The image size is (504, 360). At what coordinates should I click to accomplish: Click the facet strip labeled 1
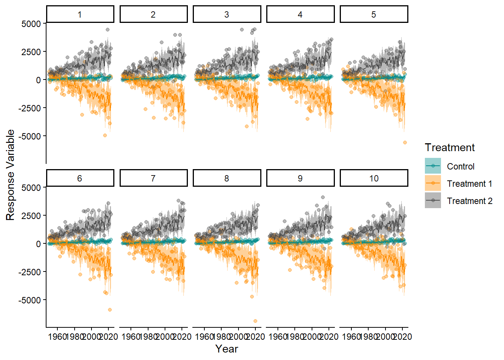tap(80, 14)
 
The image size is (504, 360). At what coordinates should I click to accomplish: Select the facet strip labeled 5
tap(373, 14)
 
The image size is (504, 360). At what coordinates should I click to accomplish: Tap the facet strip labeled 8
tap(226, 178)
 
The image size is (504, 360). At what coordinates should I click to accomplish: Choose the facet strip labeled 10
tap(373, 178)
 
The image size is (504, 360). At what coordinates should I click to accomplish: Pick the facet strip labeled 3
tap(226, 14)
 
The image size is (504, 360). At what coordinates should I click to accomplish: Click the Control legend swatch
tap(433, 166)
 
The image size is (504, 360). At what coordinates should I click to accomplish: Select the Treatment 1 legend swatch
tap(433, 183)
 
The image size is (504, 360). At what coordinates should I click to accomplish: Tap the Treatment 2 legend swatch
tap(433, 201)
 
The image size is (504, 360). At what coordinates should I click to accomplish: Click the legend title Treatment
tap(450, 147)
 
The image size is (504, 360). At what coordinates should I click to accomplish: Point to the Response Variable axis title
tap(10, 175)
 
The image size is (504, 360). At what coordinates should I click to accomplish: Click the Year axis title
tap(226, 349)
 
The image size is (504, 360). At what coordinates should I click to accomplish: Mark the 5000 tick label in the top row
tap(31, 24)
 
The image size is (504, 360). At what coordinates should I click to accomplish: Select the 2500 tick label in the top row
tap(31, 52)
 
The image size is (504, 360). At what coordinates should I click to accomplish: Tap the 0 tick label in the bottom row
tap(38, 244)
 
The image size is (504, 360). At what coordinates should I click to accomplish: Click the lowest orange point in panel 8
tap(255, 321)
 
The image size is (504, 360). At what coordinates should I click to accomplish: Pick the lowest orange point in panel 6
tap(110, 310)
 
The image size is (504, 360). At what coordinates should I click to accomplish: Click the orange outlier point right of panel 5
tap(405, 142)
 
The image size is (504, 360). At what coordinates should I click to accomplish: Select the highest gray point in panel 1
tap(108, 30)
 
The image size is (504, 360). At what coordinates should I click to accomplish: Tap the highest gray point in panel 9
tap(323, 197)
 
